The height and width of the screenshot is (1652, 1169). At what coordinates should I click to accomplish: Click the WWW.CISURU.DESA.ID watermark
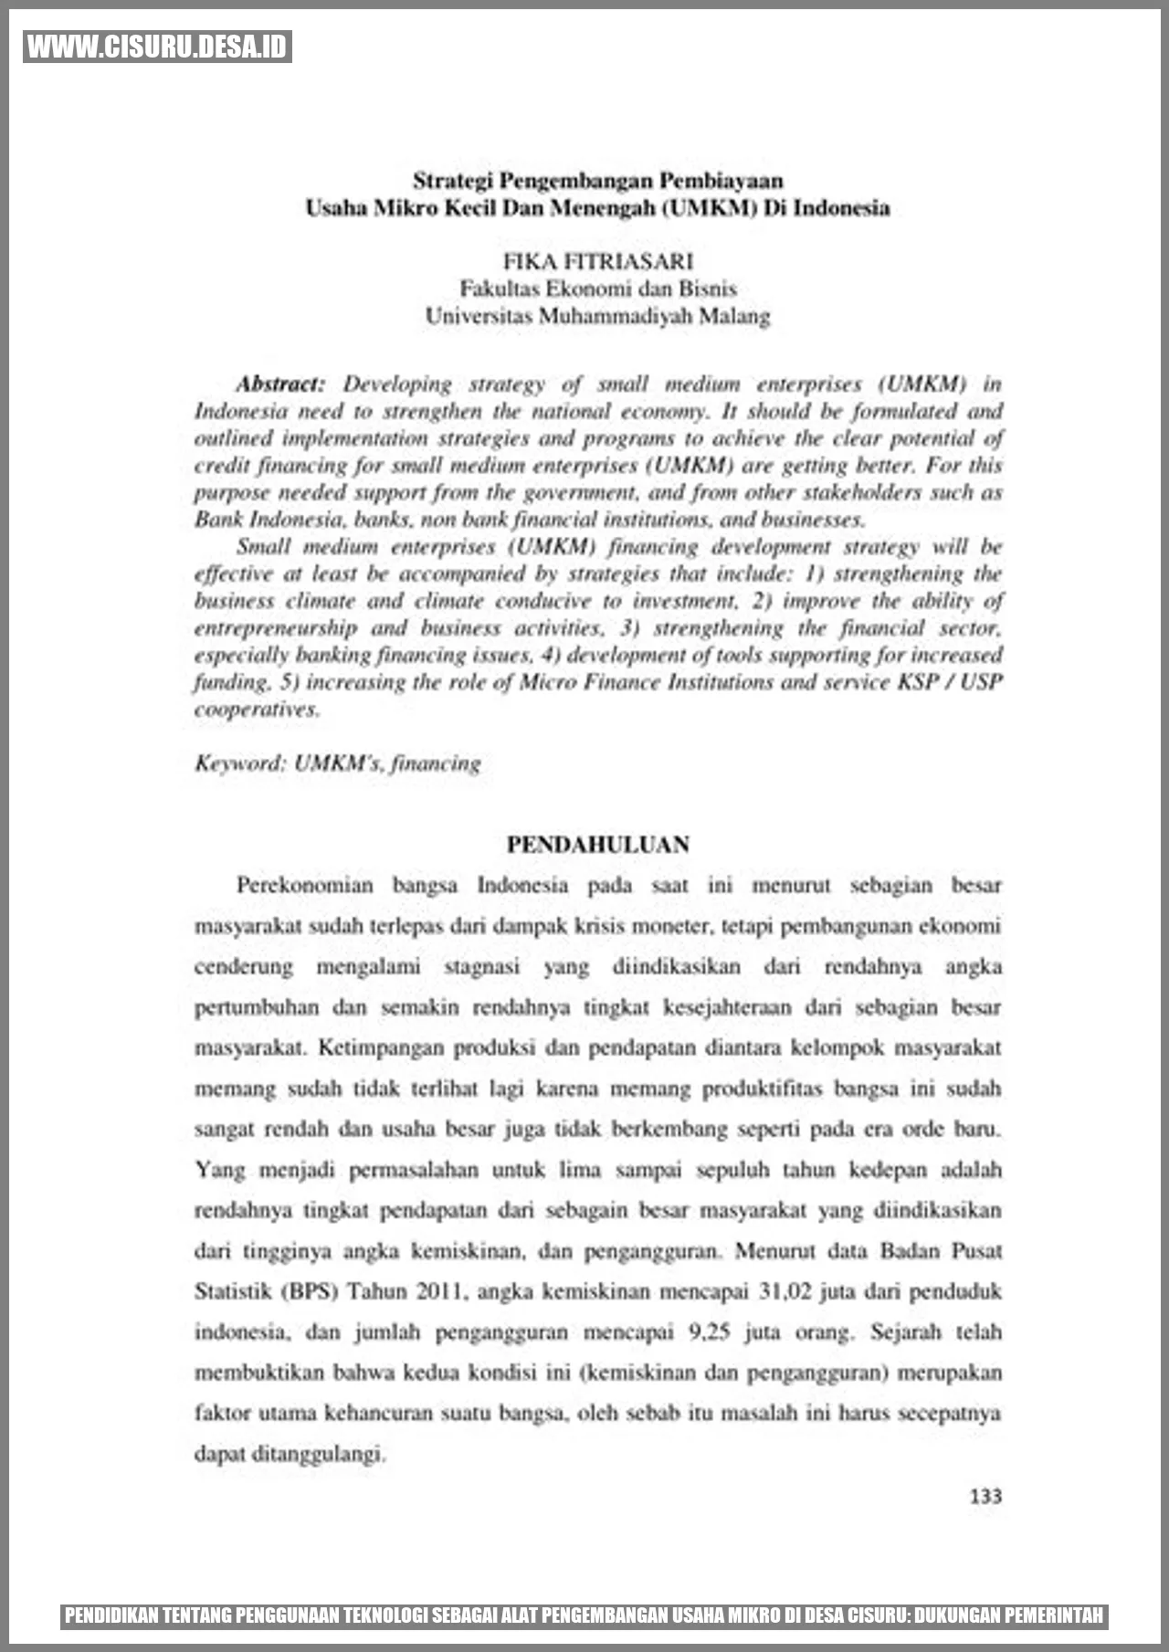pyautogui.click(x=157, y=47)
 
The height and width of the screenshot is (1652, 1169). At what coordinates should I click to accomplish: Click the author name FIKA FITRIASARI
pyautogui.click(x=598, y=262)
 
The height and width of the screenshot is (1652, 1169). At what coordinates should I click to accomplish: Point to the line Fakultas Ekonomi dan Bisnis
pyautogui.click(x=598, y=289)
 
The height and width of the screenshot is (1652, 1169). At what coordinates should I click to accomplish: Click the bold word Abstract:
pyautogui.click(x=280, y=384)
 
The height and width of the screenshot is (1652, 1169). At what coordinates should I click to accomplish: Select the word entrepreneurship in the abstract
pyautogui.click(x=276, y=628)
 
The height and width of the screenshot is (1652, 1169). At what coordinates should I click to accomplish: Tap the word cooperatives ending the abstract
pyautogui.click(x=257, y=710)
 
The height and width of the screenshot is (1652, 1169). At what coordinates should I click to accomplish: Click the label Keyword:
pyautogui.click(x=241, y=763)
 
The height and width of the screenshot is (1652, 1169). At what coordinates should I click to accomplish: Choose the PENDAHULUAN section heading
pyautogui.click(x=598, y=845)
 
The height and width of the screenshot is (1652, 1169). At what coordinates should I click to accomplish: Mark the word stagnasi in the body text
pyautogui.click(x=481, y=966)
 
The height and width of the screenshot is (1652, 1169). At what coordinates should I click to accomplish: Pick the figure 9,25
pyautogui.click(x=709, y=1332)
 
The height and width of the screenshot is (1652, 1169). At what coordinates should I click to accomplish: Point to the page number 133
pyautogui.click(x=985, y=1496)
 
